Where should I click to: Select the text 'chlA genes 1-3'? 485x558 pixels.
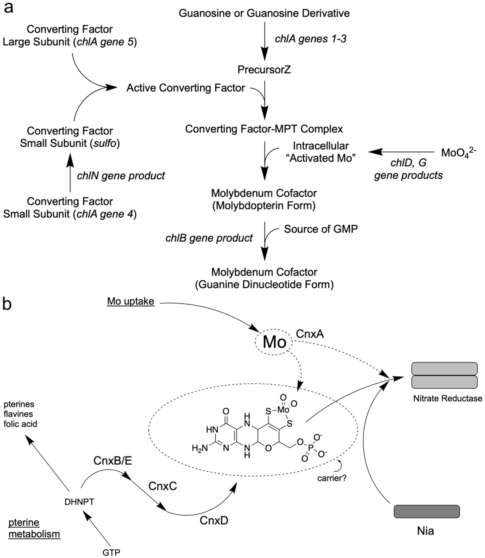[310, 39]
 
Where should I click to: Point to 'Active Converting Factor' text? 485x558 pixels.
[186, 88]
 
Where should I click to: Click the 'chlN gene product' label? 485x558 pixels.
[121, 176]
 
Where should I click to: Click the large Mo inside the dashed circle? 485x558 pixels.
[274, 342]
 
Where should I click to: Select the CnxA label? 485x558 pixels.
[310, 334]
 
